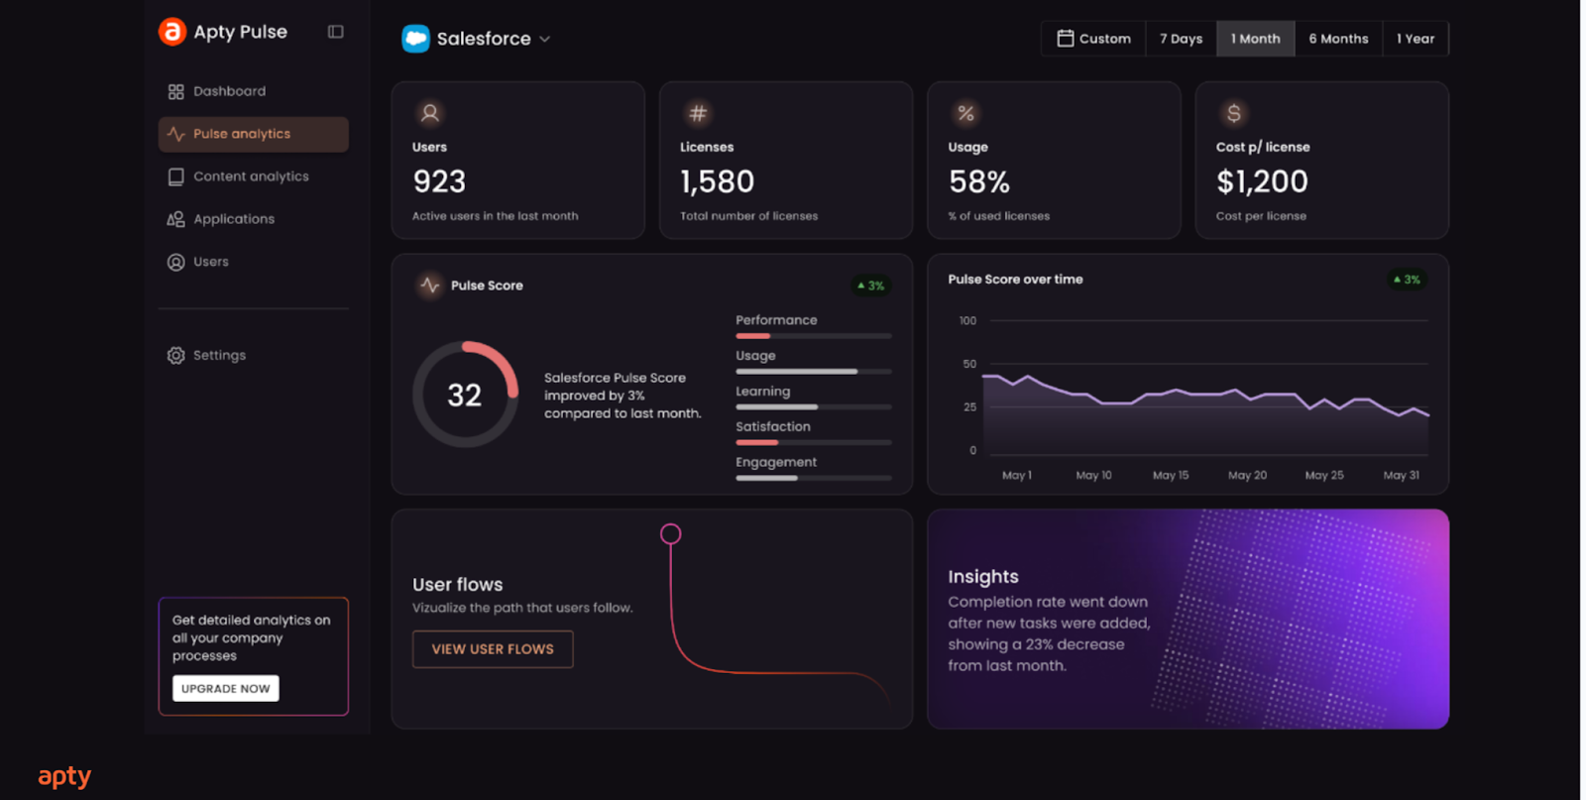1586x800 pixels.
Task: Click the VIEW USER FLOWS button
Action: [x=493, y=649]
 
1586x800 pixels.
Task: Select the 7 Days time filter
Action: [x=1181, y=39]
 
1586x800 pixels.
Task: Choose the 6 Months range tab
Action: [x=1338, y=39]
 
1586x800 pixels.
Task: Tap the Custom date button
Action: [x=1093, y=39]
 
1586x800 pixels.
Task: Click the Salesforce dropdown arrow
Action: [x=544, y=40]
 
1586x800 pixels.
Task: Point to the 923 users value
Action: [x=439, y=181]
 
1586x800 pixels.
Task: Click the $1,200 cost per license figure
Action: [x=1262, y=181]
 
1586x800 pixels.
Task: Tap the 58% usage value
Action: [x=978, y=182]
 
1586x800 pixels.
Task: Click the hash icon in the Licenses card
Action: [x=698, y=113]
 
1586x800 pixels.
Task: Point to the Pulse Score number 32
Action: [x=464, y=396]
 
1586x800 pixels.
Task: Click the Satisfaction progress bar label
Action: [x=772, y=426]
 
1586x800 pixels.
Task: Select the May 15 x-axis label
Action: [x=1170, y=476]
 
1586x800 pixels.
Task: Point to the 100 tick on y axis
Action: [x=967, y=321]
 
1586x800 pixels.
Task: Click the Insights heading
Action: [x=982, y=577]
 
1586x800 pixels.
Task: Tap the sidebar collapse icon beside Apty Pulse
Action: [x=336, y=32]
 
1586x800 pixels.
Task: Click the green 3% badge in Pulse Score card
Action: [x=870, y=286]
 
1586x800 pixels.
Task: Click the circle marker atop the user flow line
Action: [x=671, y=534]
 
